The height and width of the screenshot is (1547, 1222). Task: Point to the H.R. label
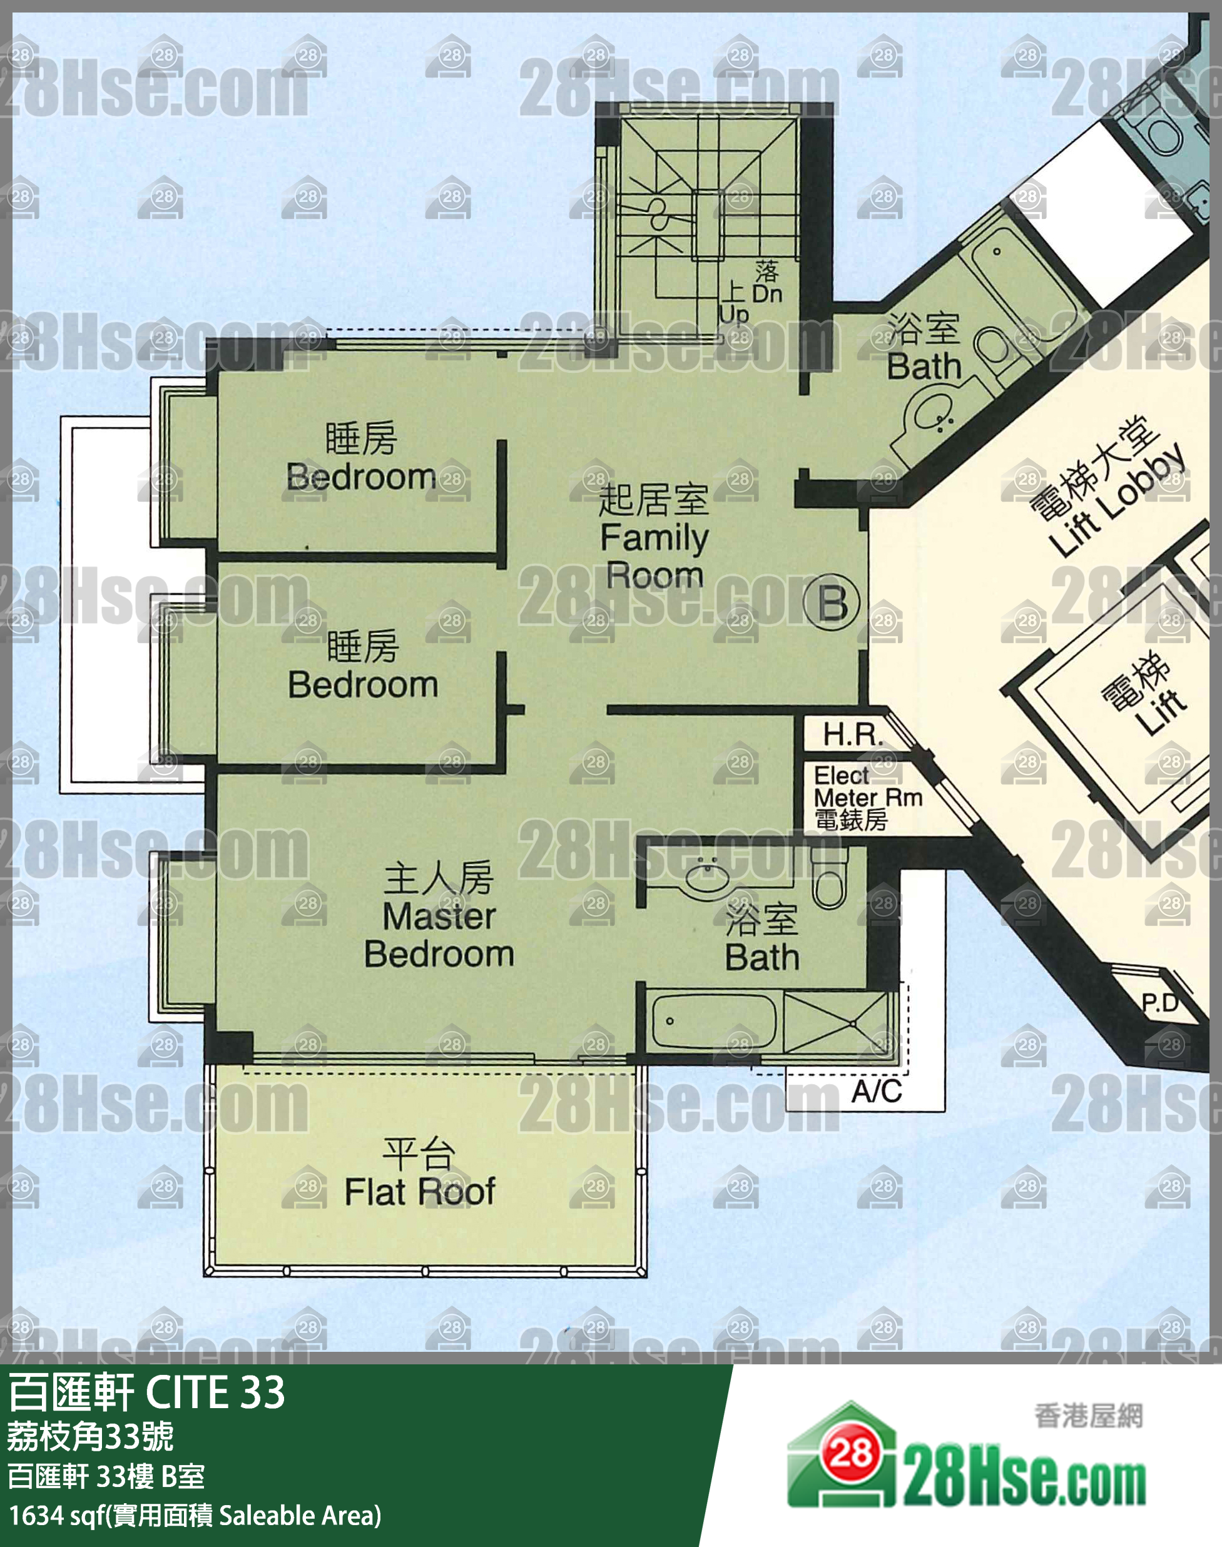tap(853, 734)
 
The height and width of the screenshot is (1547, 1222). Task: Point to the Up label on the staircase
tap(734, 313)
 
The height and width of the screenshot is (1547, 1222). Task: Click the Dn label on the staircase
tap(767, 294)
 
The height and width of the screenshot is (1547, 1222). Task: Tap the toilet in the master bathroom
tap(829, 877)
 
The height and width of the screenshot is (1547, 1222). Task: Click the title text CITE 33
tap(215, 1391)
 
